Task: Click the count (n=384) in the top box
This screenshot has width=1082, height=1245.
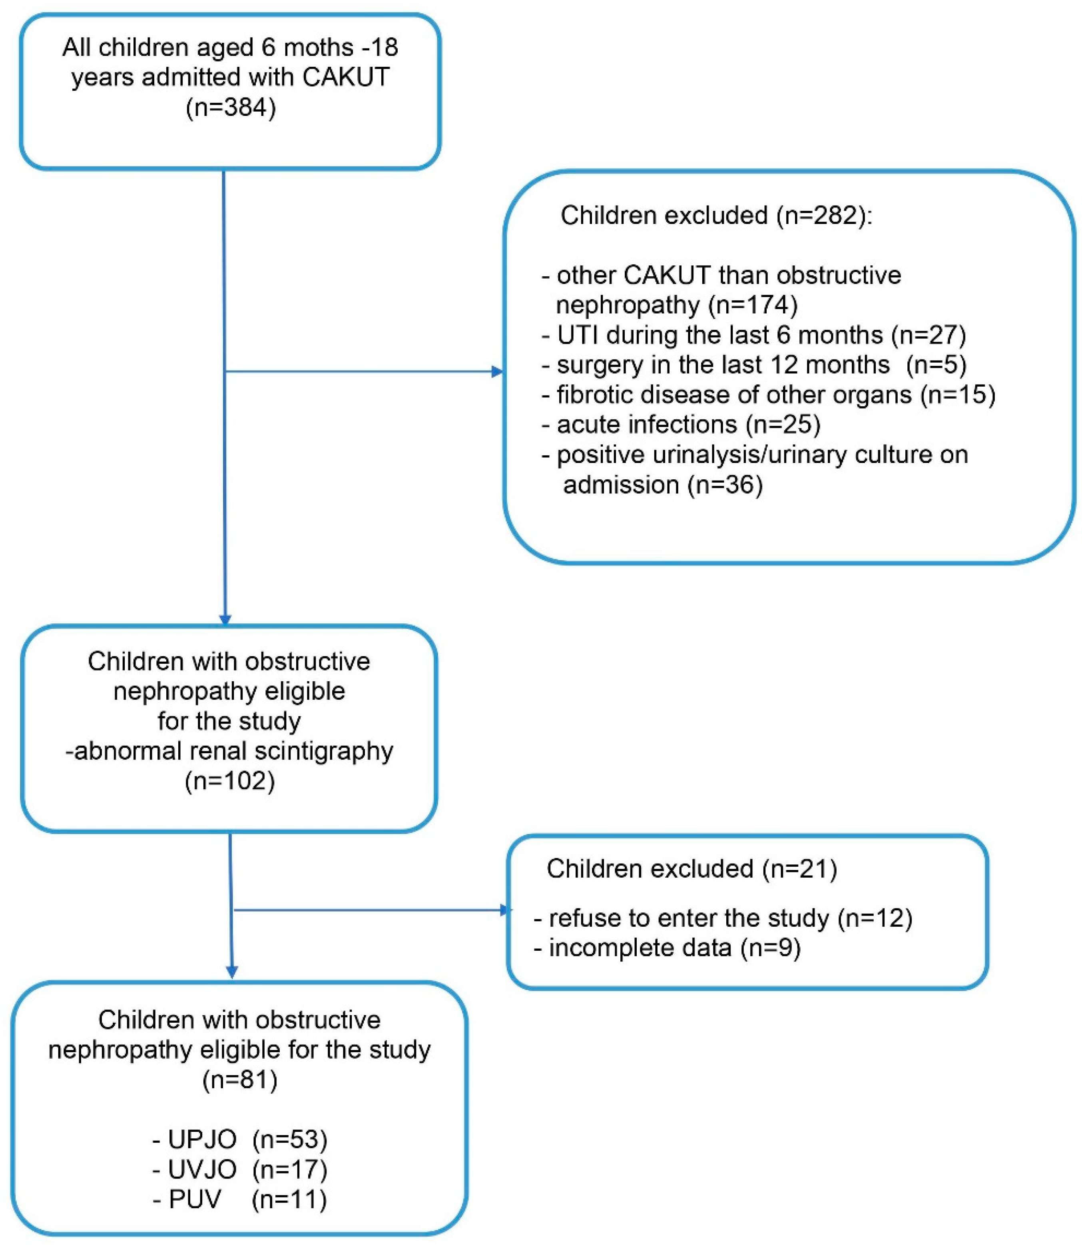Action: (231, 109)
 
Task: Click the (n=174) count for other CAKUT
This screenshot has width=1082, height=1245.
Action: (753, 305)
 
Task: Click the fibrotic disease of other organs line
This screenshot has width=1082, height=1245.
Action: (767, 395)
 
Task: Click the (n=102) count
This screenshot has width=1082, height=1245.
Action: (229, 781)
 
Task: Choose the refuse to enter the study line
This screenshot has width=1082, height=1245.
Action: (723, 918)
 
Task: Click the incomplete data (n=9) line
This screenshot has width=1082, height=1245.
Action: (667, 948)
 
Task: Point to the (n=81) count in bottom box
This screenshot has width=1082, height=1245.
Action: (240, 1079)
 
